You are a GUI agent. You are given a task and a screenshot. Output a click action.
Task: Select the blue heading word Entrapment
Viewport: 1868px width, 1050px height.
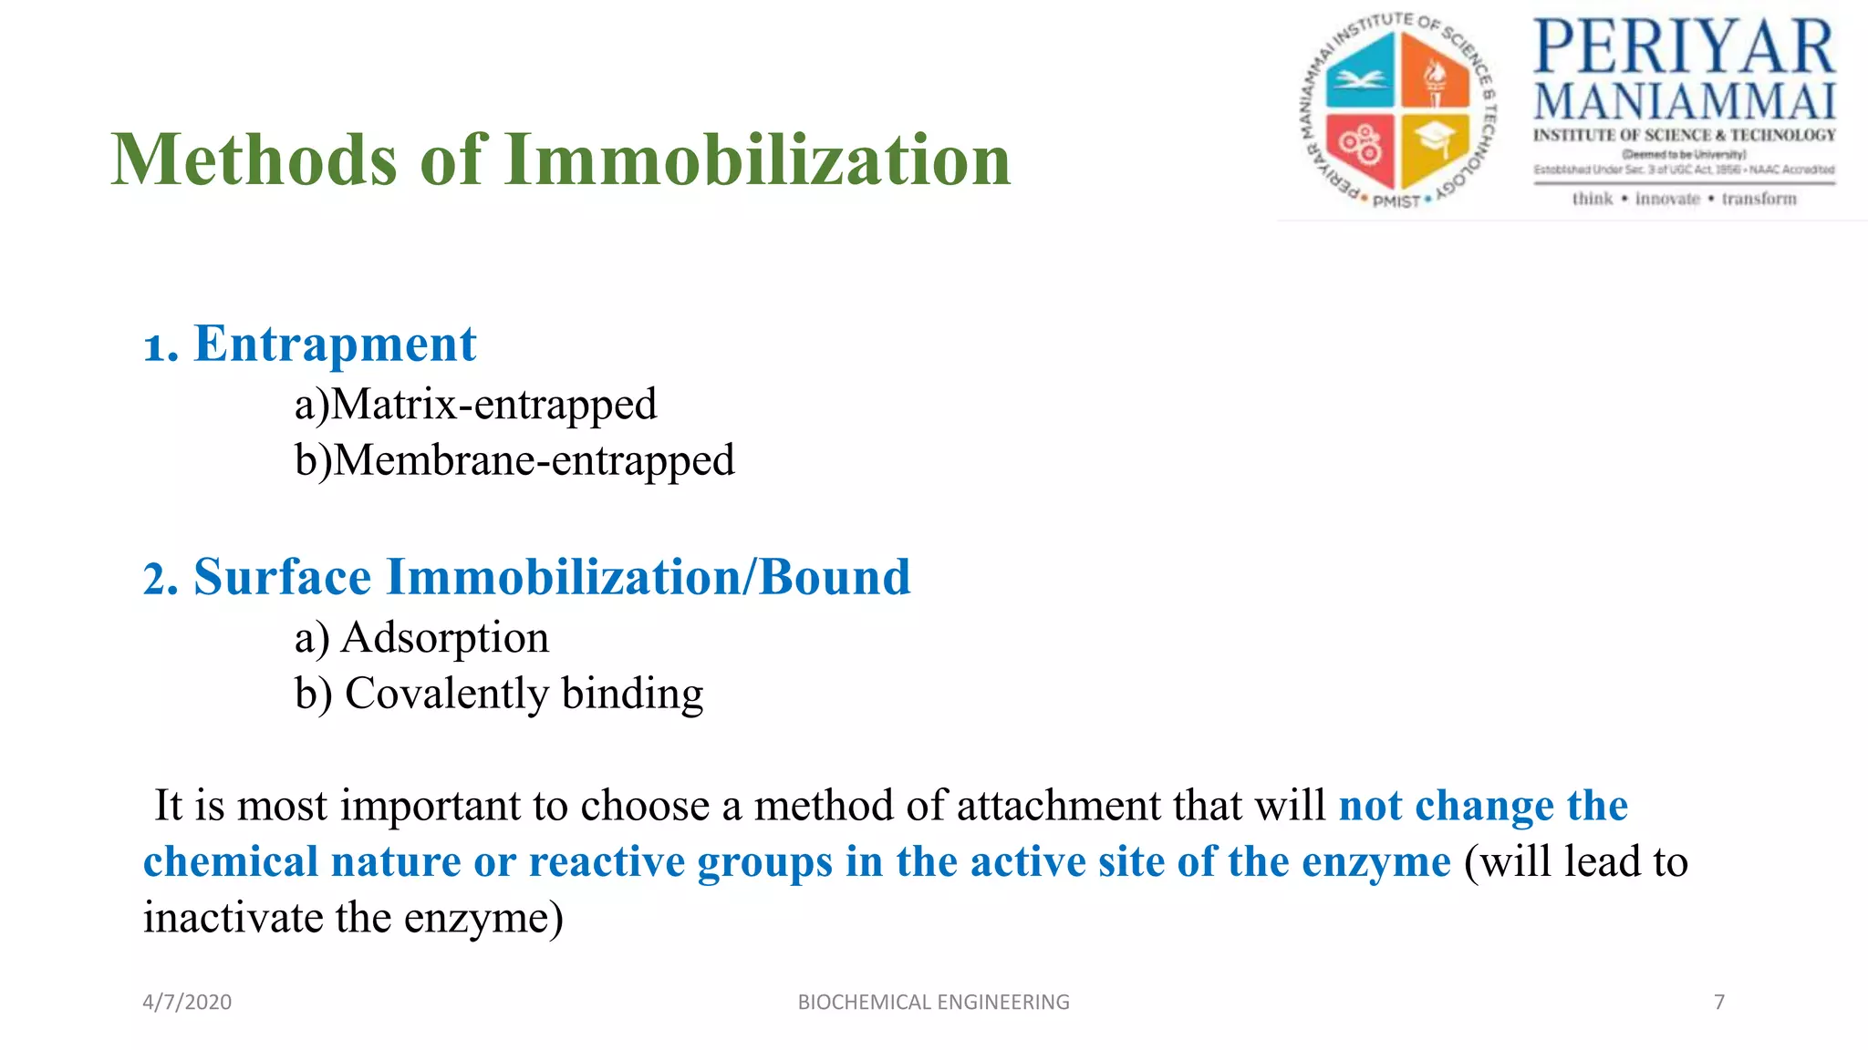335,345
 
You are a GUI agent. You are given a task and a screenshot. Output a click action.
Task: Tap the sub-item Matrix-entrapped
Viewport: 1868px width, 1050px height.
493,405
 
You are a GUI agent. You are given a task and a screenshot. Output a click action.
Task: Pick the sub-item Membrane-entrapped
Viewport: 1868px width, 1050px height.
534,460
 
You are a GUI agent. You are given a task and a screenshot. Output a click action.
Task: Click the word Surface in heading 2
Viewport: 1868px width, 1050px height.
282,578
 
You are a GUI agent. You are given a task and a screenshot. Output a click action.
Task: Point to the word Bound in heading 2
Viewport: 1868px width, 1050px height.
834,578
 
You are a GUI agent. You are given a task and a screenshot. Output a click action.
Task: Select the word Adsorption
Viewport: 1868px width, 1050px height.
444,637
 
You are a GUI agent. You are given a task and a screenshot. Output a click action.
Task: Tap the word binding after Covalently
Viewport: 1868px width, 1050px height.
632,694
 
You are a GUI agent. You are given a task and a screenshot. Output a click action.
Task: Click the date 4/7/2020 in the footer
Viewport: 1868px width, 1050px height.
187,1002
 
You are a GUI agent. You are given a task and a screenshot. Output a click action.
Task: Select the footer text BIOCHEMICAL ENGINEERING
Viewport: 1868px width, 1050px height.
933,1002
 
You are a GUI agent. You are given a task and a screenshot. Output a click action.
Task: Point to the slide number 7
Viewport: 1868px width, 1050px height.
1719,1002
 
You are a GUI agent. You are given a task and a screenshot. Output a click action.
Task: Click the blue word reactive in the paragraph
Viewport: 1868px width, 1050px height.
607,862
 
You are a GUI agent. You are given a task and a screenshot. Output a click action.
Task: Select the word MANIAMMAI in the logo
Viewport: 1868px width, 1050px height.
1684,101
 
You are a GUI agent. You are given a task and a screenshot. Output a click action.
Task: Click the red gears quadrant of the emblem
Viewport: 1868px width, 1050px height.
1361,146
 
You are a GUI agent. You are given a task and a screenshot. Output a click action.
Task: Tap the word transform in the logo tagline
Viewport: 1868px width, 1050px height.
1759,199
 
